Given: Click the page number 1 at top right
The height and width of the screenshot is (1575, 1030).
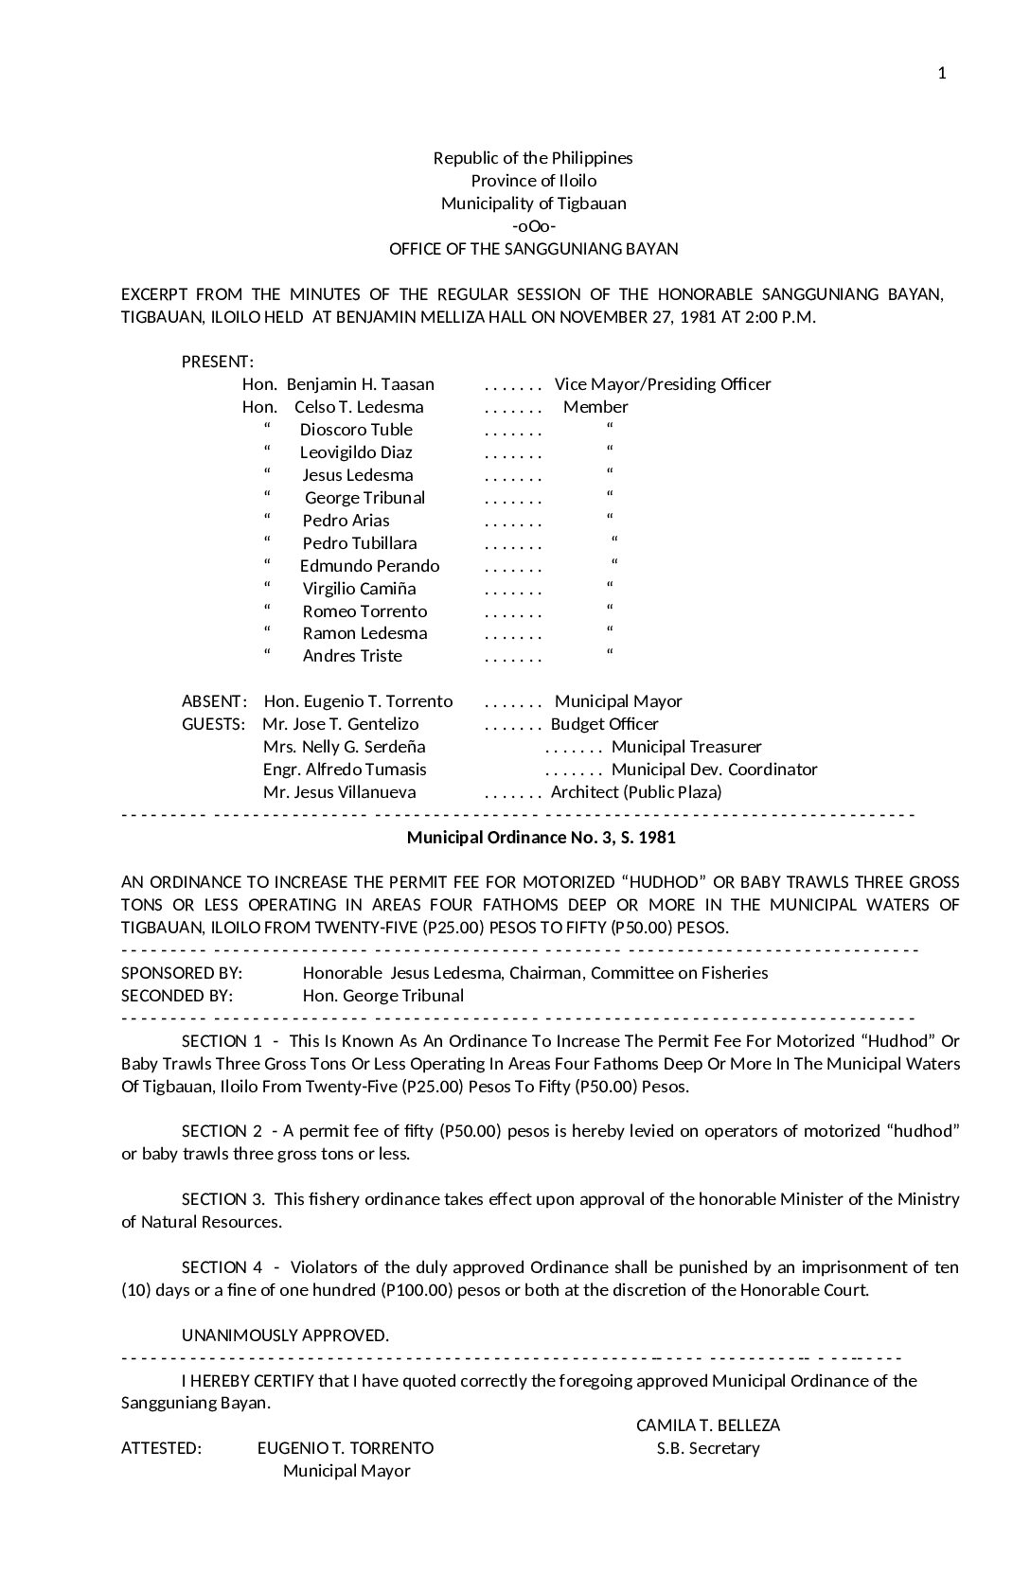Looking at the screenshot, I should [942, 74].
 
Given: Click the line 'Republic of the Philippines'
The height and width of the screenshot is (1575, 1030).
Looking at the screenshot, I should [533, 158].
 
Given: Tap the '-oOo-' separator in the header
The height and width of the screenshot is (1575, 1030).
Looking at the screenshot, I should [533, 226].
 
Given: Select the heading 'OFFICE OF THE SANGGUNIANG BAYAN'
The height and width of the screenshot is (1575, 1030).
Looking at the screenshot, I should [533, 249].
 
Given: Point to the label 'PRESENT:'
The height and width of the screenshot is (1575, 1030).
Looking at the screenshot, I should [218, 362].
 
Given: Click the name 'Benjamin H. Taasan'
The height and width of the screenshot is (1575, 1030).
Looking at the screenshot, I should [360, 384].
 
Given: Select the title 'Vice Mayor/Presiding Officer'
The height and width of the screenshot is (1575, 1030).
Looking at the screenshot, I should [663, 384].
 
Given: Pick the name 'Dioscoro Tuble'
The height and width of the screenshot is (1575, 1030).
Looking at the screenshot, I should [356, 430].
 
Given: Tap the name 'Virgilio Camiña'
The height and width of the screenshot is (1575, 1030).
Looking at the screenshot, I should [359, 589].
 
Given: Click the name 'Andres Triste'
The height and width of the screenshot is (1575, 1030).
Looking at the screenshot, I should [352, 656].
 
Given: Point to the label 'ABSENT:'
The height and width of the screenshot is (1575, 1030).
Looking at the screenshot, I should [215, 701].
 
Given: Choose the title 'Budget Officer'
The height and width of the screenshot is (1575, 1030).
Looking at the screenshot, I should [605, 724].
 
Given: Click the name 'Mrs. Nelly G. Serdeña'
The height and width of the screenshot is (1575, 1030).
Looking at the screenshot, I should [344, 747].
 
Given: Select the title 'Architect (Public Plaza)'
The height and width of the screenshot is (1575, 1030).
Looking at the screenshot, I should [636, 792].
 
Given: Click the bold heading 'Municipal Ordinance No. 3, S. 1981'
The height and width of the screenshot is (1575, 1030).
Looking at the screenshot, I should [541, 838].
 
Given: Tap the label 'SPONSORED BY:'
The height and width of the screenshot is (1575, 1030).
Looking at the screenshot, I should [182, 973].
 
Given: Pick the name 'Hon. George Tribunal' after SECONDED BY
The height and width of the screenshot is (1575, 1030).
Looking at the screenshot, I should [382, 996].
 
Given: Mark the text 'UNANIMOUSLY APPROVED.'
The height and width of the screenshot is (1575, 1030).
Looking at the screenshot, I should [285, 1336].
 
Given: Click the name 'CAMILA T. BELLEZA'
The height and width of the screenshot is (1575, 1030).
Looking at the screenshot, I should [708, 1425].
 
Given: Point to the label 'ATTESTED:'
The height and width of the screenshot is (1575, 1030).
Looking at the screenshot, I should [161, 1448].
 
